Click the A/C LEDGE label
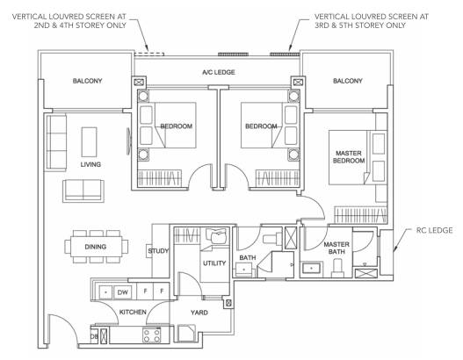[x=219, y=72]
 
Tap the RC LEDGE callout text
[x=434, y=230]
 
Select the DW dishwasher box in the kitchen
[x=122, y=292]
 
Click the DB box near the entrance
[x=94, y=336]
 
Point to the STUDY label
[x=158, y=251]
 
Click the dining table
[x=96, y=247]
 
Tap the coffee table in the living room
[x=90, y=142]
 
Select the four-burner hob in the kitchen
[x=152, y=335]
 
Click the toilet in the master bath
[x=337, y=268]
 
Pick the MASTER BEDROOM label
[x=349, y=157]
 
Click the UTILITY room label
[x=214, y=263]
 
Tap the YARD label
[x=199, y=313]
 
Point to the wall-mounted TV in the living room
[x=128, y=141]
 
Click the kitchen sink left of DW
[x=105, y=292]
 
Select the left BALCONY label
[x=87, y=81]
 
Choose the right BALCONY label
[x=348, y=81]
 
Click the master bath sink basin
[x=312, y=268]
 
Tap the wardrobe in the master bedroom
[x=360, y=215]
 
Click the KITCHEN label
[x=133, y=312]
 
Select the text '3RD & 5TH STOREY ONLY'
[x=360, y=25]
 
